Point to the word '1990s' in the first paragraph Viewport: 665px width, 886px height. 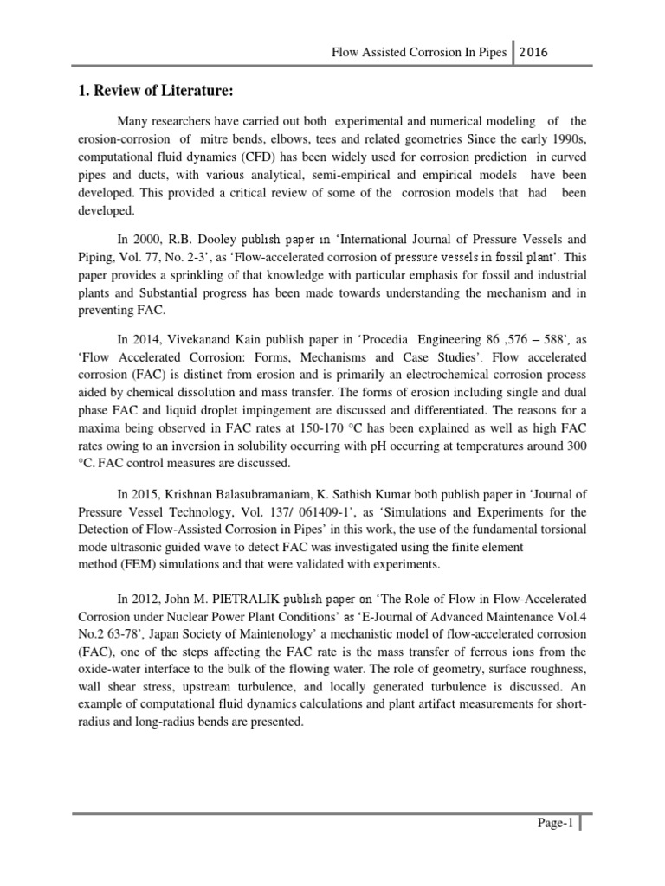tap(568, 140)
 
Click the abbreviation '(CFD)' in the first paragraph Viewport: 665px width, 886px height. tap(247, 158)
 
